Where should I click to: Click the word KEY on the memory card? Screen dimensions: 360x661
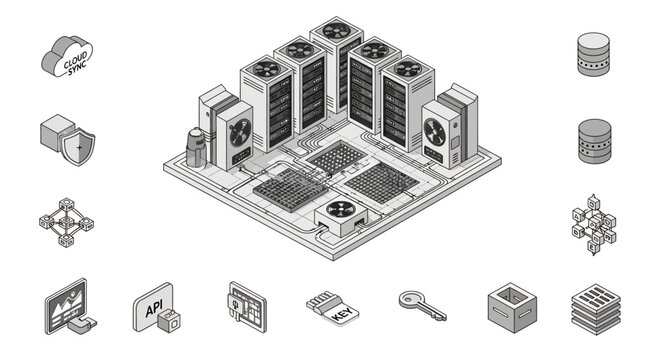click(x=339, y=315)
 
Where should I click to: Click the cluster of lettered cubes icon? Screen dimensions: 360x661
click(x=594, y=226)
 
